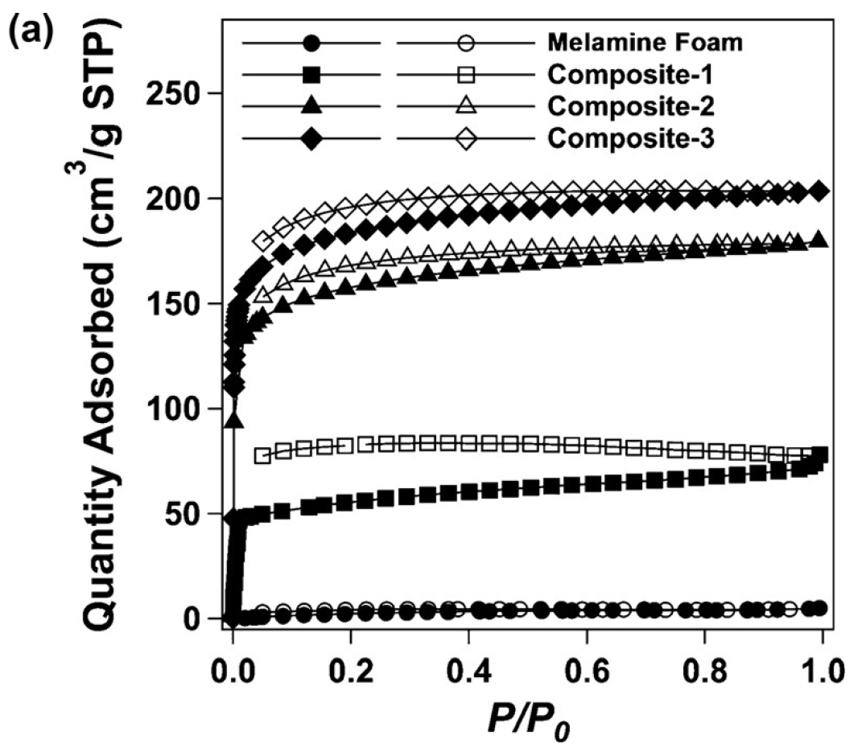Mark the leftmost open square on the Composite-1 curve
pyautogui.click(x=262, y=456)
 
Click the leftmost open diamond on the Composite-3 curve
pyautogui.click(x=262, y=241)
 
